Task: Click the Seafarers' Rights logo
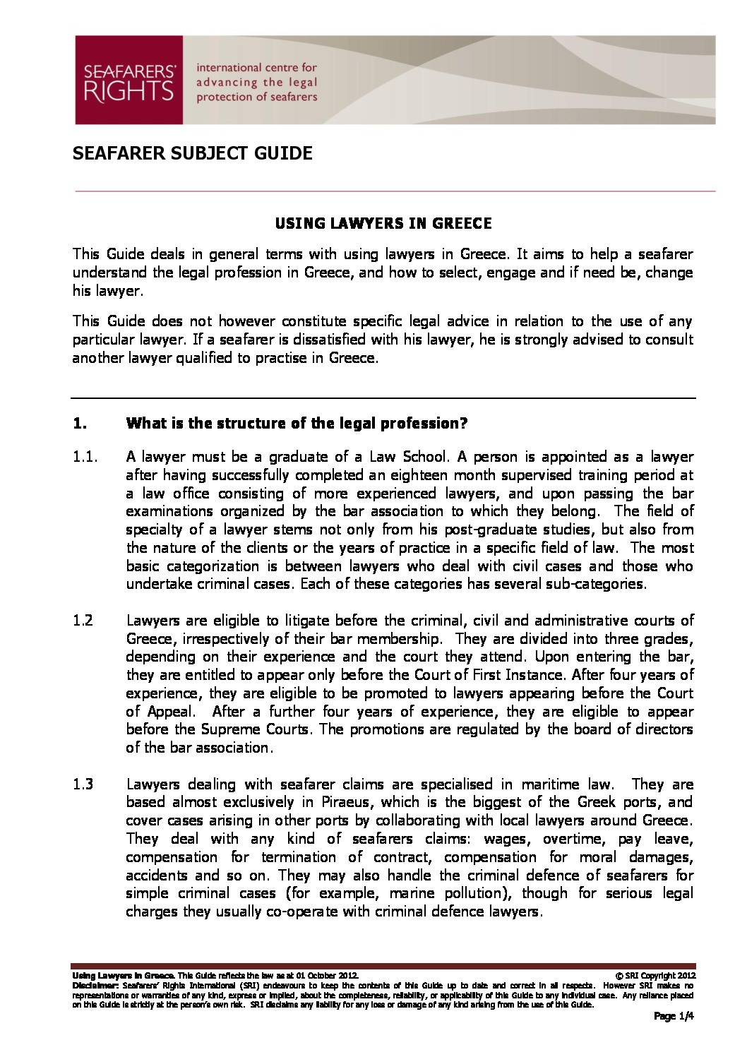[129, 80]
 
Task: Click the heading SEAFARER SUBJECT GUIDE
[192, 153]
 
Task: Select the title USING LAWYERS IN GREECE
[383, 224]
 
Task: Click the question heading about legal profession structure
[297, 424]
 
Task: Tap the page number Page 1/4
[674, 1017]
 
